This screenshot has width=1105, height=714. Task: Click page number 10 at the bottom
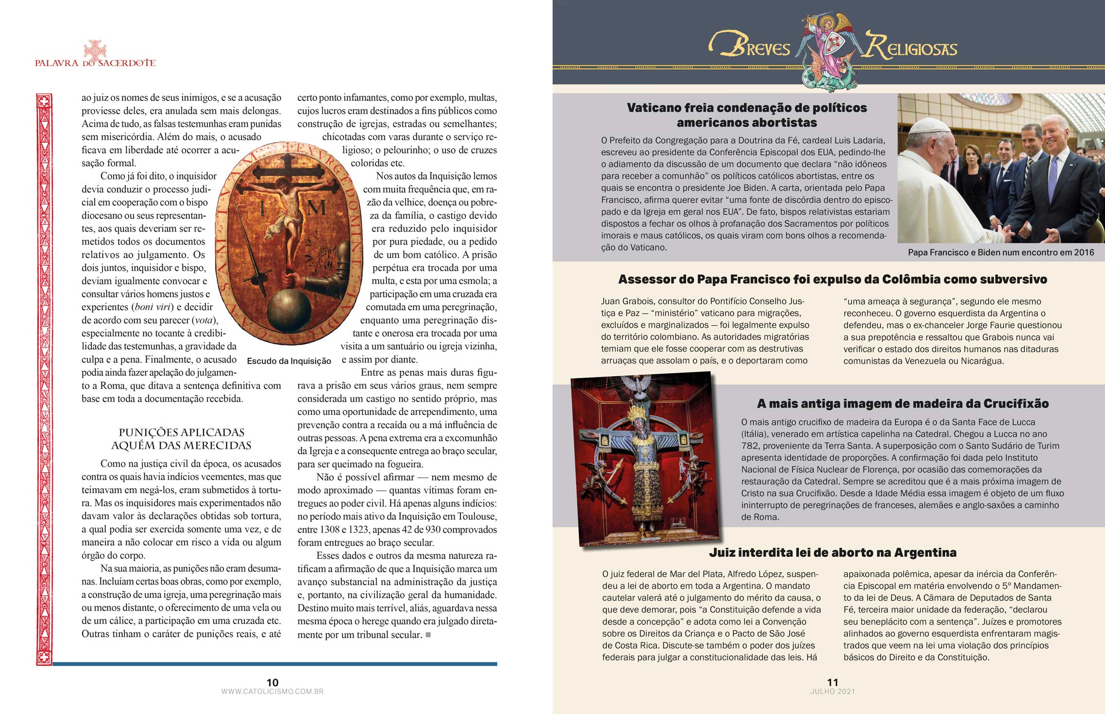click(x=272, y=682)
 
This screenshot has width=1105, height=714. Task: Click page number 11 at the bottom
click(x=833, y=682)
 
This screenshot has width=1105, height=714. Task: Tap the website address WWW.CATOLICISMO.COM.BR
click(x=272, y=691)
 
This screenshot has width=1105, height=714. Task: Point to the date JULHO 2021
click(x=833, y=691)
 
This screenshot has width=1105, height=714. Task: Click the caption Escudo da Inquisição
click(x=289, y=361)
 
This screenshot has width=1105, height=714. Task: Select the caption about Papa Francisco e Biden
click(x=1001, y=252)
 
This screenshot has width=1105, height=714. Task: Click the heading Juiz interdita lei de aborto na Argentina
click(x=833, y=552)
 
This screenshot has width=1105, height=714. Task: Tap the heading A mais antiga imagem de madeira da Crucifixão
click(x=902, y=403)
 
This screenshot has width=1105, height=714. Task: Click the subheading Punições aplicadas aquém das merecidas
click(x=181, y=439)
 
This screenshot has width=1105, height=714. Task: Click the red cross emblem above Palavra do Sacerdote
click(x=95, y=50)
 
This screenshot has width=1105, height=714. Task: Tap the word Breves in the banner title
click(x=750, y=47)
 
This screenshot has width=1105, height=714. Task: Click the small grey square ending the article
click(x=428, y=634)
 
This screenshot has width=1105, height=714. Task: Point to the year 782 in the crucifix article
click(x=749, y=446)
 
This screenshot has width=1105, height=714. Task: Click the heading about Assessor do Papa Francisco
click(x=833, y=279)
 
